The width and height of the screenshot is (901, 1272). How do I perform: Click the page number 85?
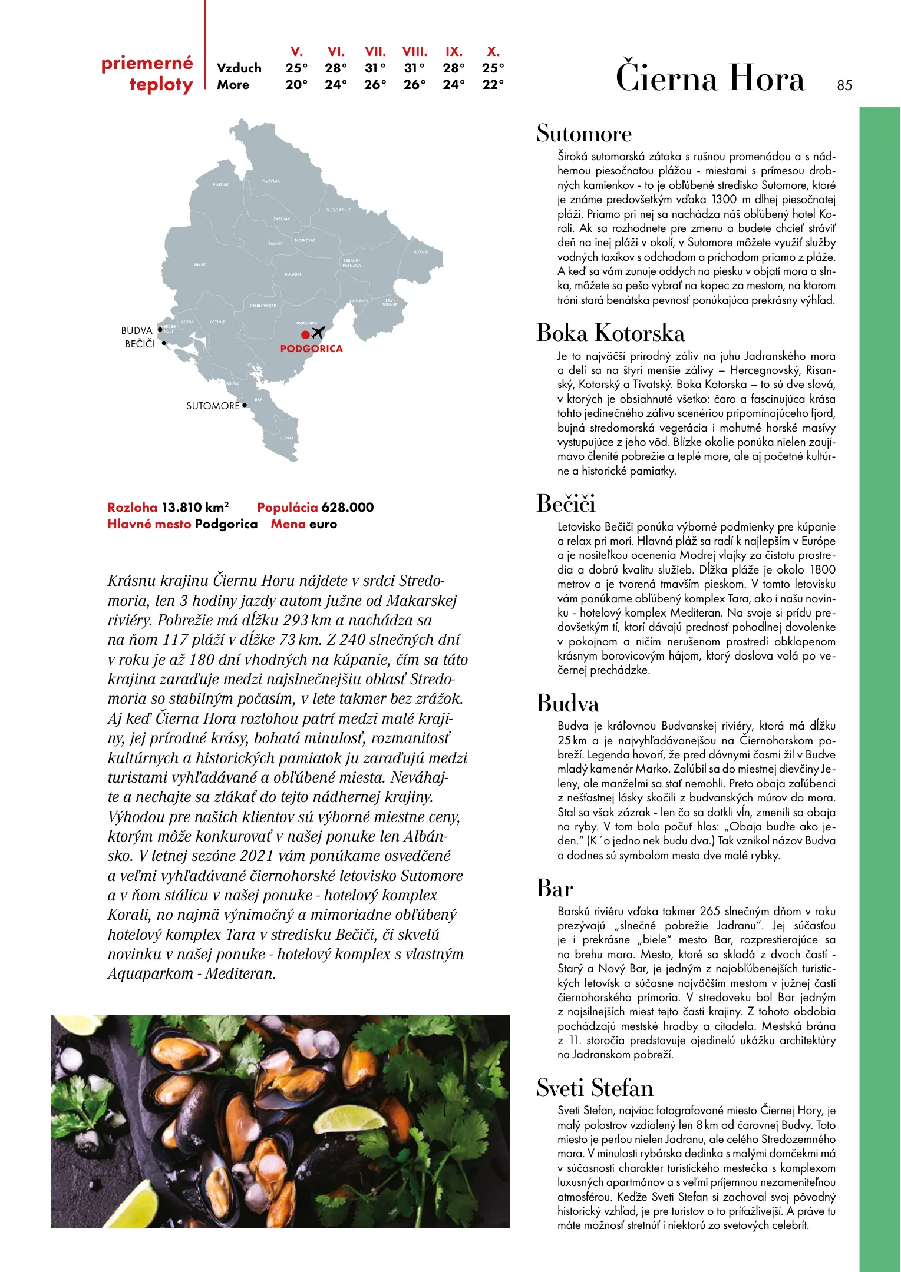[844, 85]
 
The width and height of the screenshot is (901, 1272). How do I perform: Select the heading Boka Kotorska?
[610, 333]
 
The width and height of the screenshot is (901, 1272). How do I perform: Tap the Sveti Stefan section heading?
[595, 1088]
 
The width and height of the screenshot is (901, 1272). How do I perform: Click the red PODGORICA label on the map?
[311, 349]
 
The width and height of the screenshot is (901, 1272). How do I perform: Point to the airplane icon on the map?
[318, 333]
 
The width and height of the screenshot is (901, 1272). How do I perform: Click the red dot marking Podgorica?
[305, 334]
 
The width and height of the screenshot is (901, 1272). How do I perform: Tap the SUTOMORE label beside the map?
[213, 406]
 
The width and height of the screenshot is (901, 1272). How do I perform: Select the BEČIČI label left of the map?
[140, 344]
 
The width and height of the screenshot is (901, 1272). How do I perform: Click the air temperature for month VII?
[375, 68]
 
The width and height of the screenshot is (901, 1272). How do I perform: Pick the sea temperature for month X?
[493, 85]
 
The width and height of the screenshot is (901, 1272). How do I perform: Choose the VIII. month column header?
[414, 52]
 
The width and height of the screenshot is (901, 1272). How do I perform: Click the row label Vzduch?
[239, 68]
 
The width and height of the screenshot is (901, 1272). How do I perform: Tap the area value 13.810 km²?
[194, 507]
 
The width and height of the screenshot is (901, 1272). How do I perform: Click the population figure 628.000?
[348, 507]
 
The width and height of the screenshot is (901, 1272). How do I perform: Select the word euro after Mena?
[323, 524]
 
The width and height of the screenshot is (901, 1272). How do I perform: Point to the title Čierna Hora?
[709, 78]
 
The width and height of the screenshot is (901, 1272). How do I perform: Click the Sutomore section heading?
[583, 134]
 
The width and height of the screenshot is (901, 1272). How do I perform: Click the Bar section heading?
[554, 888]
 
